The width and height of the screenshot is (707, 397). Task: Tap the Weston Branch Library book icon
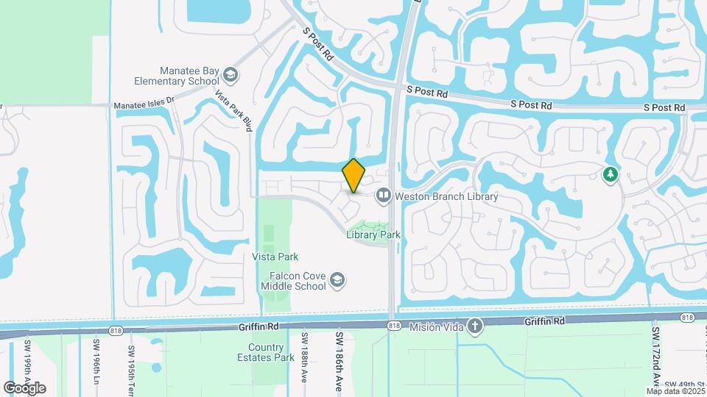(x=383, y=196)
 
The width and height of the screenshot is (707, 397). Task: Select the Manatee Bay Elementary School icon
(x=231, y=75)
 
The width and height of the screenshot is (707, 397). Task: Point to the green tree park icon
(x=610, y=174)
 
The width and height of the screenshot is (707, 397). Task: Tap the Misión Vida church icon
(x=476, y=325)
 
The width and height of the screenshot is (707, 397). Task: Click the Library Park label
(x=373, y=235)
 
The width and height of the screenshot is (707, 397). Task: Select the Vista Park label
(x=275, y=257)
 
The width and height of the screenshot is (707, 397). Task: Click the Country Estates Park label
(x=266, y=352)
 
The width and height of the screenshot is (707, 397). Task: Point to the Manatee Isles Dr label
(x=144, y=105)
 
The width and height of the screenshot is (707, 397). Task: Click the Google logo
(x=24, y=387)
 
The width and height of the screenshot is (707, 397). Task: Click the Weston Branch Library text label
(x=446, y=196)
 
